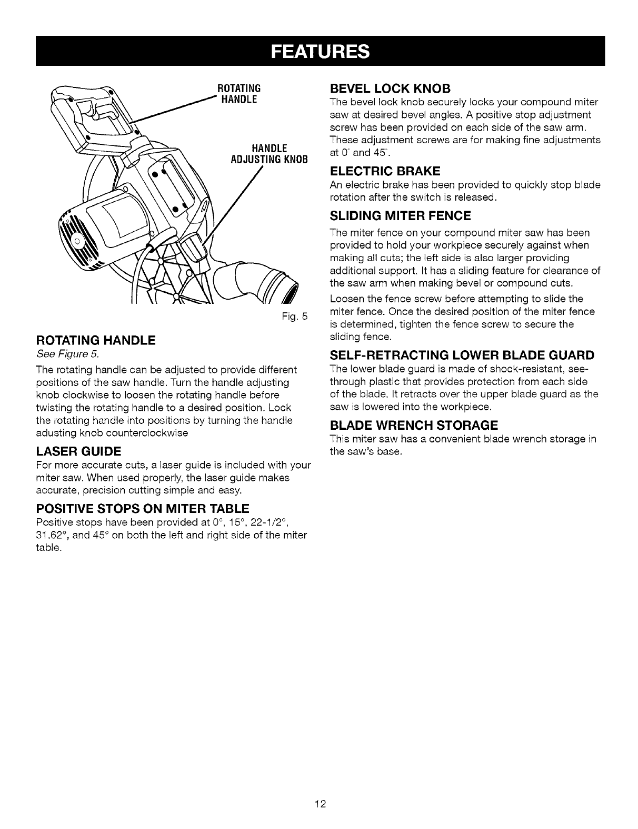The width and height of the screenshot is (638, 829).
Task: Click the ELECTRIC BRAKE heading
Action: pyautogui.click(x=384, y=171)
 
